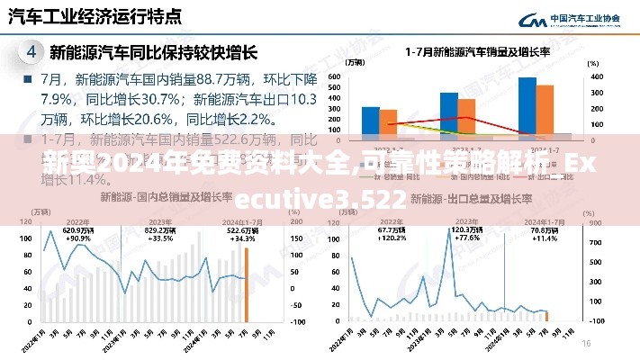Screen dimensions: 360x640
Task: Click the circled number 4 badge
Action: (32, 52)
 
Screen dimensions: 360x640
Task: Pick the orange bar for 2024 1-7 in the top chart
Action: (545, 109)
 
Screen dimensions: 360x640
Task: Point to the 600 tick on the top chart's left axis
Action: (334, 77)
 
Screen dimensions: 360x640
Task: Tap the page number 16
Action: (585, 343)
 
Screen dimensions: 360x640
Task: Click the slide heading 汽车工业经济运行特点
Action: (95, 17)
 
